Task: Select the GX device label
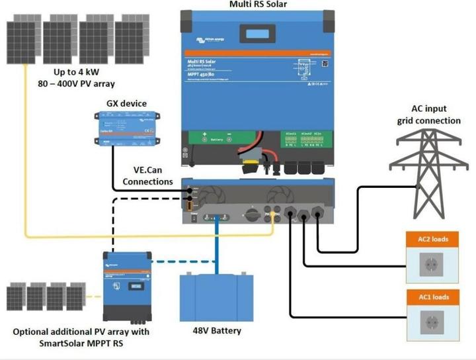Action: [126, 104]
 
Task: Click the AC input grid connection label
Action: [428, 115]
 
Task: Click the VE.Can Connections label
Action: [148, 175]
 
